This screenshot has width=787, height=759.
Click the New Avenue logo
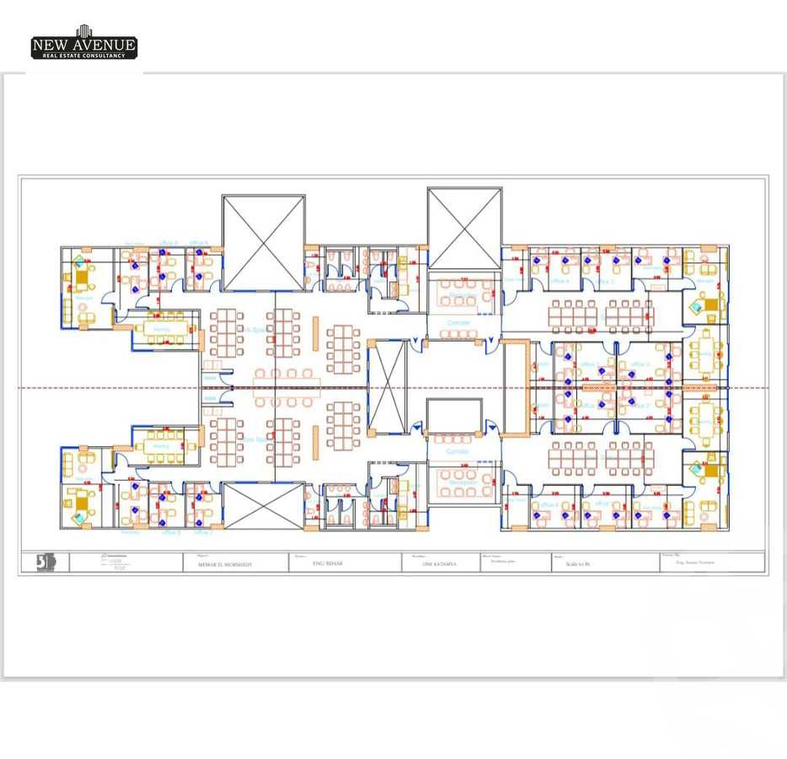(x=83, y=43)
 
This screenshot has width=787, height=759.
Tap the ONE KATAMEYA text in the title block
(x=438, y=564)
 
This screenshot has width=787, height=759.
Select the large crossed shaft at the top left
(x=264, y=244)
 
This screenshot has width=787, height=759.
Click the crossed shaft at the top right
(x=464, y=229)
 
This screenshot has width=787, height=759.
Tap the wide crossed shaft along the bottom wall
(x=264, y=506)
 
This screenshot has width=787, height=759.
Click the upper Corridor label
(x=458, y=323)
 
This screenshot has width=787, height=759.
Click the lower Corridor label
(x=458, y=453)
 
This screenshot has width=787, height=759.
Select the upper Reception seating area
(x=458, y=293)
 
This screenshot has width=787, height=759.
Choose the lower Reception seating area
(x=458, y=482)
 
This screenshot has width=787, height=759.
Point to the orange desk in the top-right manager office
(x=709, y=304)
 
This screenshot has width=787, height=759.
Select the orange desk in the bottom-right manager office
(x=709, y=470)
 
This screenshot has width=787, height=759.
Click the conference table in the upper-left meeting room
(x=165, y=329)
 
